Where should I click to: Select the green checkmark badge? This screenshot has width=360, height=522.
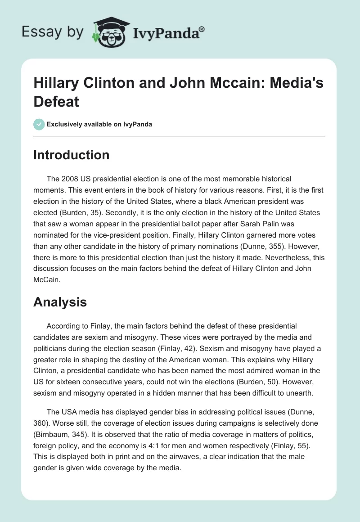[39, 124]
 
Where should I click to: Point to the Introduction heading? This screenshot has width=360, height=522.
[71, 155]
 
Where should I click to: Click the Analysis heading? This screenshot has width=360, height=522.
[60, 302]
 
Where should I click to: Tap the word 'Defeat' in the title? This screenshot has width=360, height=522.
[56, 101]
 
